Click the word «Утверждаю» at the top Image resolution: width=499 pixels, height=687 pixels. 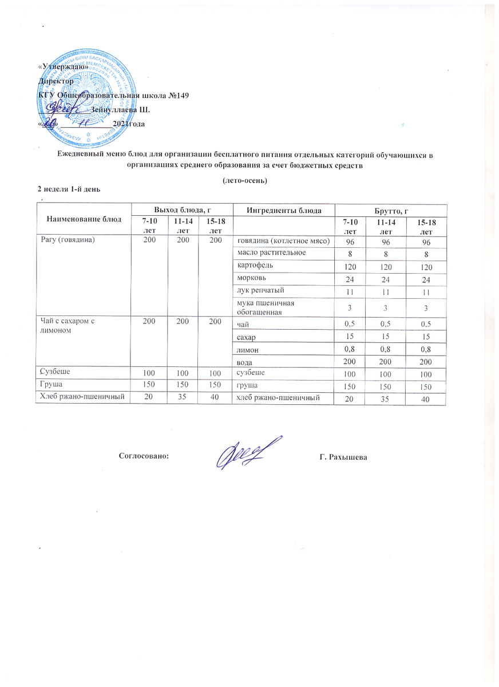click(63, 66)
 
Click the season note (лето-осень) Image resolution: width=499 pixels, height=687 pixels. click(245, 180)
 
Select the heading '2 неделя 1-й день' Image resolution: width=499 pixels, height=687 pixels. click(69, 189)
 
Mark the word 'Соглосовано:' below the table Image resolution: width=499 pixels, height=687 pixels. click(144, 456)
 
